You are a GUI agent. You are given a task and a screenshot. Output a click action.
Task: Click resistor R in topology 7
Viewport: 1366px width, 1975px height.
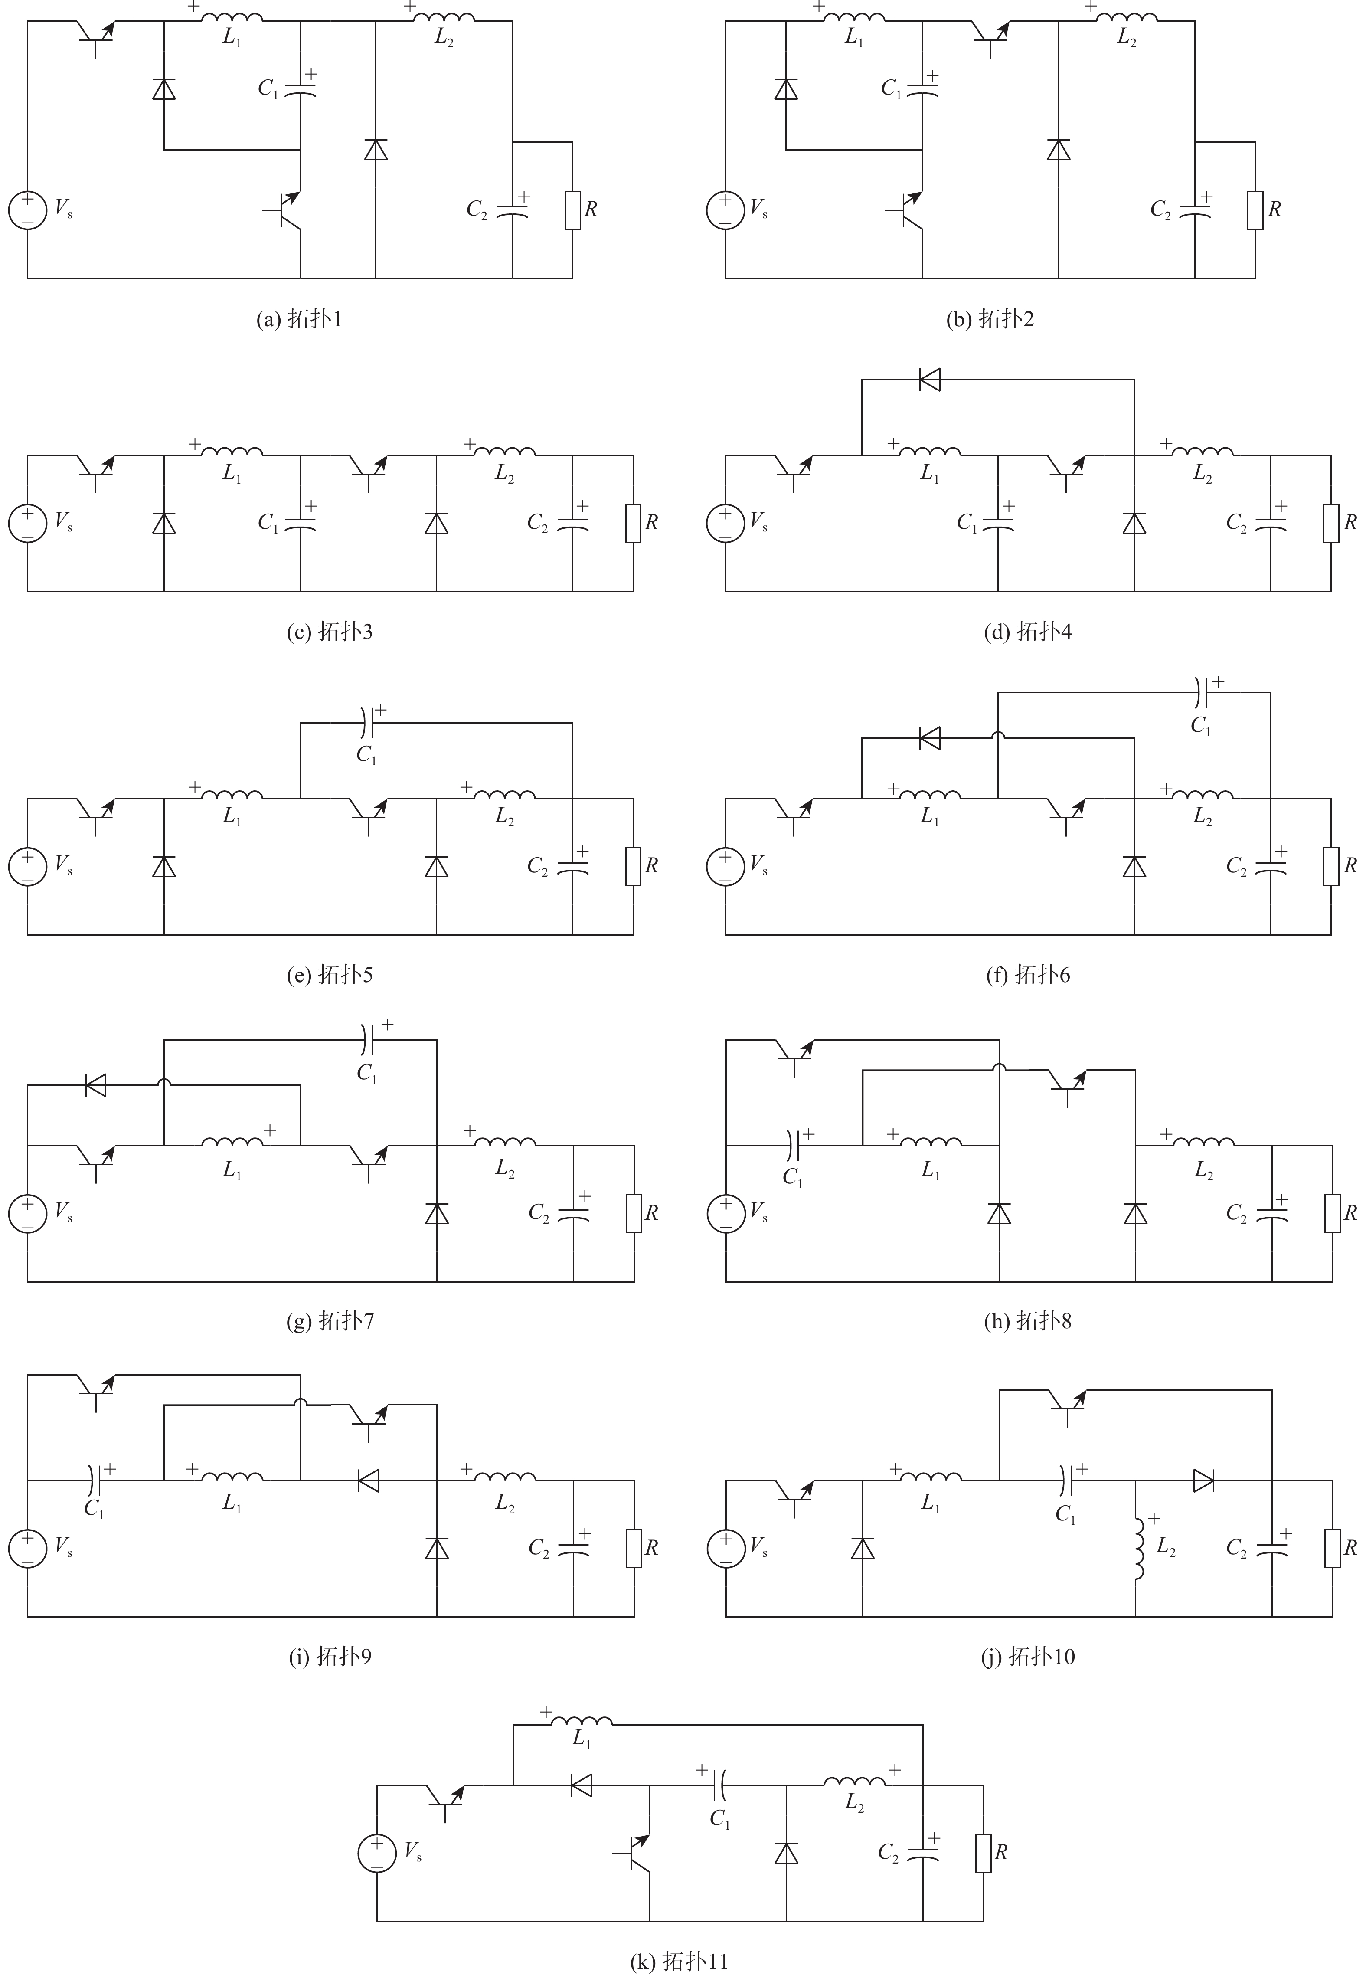point(634,1214)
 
